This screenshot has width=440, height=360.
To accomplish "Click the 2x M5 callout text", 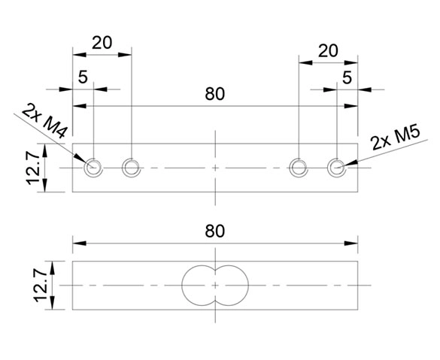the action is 396,138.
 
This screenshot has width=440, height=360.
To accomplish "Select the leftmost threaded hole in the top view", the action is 93,168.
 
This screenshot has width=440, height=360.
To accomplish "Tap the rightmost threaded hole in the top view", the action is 337,168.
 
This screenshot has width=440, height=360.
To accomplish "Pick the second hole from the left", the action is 131,168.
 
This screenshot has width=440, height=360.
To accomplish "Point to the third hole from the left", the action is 299,168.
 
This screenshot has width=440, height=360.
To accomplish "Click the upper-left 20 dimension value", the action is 102,43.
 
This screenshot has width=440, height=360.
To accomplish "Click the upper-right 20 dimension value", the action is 328,51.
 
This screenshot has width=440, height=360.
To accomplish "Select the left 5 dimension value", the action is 83,77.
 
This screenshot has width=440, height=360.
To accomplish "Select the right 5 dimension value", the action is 347,77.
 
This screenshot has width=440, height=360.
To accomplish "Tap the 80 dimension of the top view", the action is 215,94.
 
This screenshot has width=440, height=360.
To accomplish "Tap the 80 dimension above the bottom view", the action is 215,231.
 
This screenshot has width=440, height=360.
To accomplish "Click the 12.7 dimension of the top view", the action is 33,168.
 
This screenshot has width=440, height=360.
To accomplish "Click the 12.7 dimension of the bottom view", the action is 41,286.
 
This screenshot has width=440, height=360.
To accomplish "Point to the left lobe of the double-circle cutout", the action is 182,286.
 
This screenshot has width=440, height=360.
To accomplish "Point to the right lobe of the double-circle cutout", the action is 248,286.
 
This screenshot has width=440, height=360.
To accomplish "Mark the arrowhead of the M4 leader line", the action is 80,159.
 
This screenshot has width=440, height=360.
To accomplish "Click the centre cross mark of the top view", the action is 215,168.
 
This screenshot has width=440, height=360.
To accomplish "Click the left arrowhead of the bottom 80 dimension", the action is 80,243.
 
